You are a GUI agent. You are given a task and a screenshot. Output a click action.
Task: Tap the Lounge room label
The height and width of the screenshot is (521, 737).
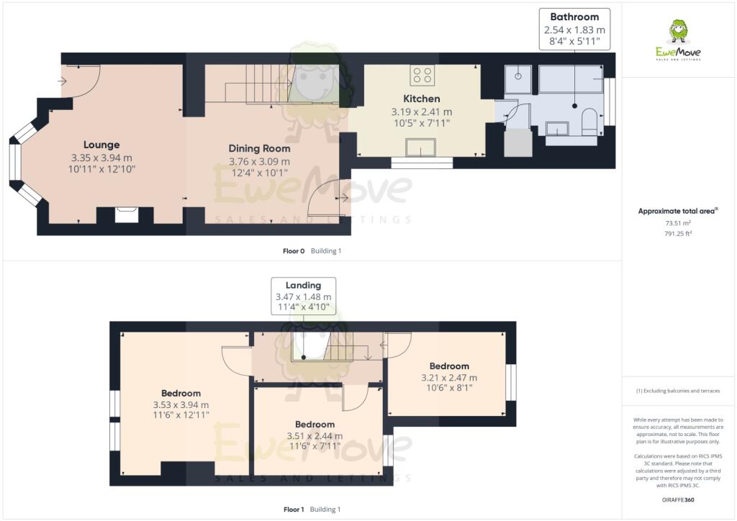(x=101, y=145)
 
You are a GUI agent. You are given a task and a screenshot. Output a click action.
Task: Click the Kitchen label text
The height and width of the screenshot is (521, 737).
(x=421, y=99)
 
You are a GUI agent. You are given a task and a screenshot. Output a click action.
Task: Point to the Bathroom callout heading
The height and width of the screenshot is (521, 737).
(x=574, y=17)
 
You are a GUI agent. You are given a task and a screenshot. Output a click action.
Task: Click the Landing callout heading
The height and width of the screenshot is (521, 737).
(x=303, y=285)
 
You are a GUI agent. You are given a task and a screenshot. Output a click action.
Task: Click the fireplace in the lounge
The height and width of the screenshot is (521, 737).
(x=127, y=214)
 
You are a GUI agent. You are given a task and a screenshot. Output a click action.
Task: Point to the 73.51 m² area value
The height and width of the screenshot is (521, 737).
(x=678, y=223)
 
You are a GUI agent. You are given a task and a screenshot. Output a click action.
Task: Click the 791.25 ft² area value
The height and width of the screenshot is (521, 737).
(x=678, y=233)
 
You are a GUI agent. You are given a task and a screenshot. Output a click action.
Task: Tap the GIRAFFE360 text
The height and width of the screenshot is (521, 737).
(x=678, y=499)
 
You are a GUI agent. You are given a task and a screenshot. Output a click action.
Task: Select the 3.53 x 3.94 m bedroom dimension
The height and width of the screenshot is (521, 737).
(x=181, y=404)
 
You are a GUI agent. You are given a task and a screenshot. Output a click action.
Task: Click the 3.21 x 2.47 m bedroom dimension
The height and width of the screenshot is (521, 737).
(x=449, y=378)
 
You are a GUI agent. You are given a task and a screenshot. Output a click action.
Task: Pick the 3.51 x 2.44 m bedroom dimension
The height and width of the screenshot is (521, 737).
(x=315, y=435)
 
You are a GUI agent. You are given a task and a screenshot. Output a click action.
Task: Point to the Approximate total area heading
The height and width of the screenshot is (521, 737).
(x=678, y=212)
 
